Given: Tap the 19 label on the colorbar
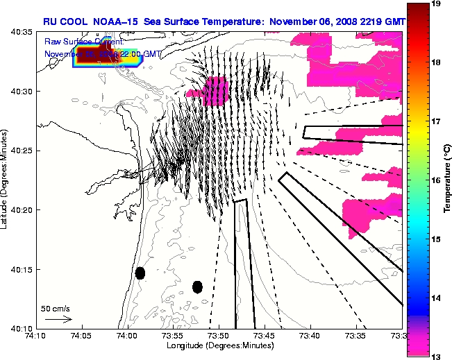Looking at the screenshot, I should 436,4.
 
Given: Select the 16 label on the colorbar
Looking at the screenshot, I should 436,180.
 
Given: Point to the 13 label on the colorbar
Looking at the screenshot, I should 436,355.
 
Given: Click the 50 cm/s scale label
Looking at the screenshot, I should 55,308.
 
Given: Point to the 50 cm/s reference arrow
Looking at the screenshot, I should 58,319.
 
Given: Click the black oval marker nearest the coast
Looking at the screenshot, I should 140,273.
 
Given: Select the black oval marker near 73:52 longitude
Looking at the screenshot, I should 197,286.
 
